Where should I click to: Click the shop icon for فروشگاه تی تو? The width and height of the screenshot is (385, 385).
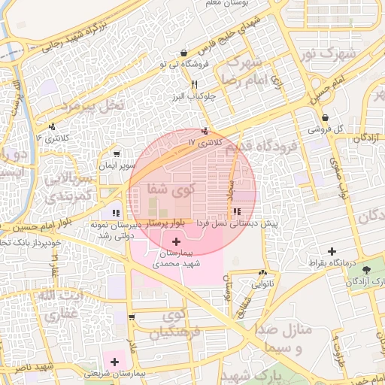pos(184,53)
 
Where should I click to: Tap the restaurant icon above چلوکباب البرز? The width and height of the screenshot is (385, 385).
pos(195,84)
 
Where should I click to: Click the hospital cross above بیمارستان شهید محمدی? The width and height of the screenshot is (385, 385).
pos(176,241)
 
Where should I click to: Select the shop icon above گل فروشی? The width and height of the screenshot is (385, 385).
pos(325,117)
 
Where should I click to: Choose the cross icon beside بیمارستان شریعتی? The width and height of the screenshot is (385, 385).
pos(114,362)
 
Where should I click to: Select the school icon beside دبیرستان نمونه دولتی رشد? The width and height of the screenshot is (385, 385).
pos(115,212)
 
